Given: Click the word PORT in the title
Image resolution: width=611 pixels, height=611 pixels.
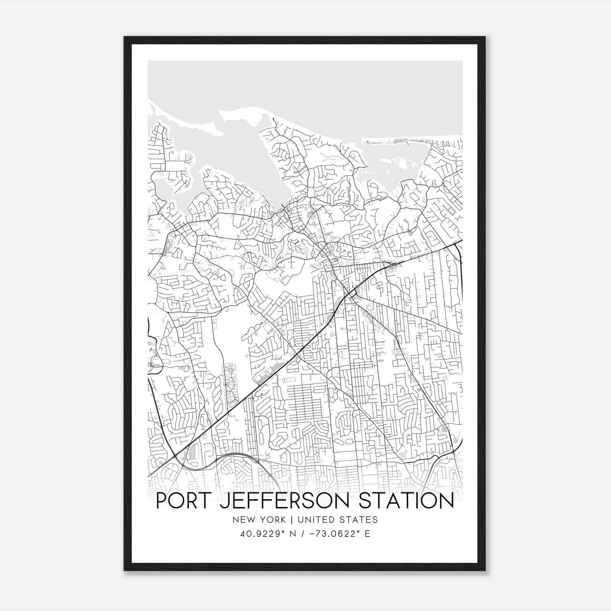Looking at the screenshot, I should pos(184,500).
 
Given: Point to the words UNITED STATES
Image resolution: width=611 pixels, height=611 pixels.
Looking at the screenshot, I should pos(338,520).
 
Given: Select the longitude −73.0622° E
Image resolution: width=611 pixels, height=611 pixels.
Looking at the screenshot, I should pos(338,534).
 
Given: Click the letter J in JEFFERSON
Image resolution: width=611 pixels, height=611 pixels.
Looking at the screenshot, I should pos(226,500).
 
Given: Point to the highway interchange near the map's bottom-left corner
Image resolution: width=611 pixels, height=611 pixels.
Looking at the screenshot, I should pos(175,456).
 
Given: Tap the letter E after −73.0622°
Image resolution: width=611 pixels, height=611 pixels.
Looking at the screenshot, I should pos(368,534).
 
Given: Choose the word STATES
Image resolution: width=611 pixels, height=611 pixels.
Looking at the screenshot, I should pos(359,520).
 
